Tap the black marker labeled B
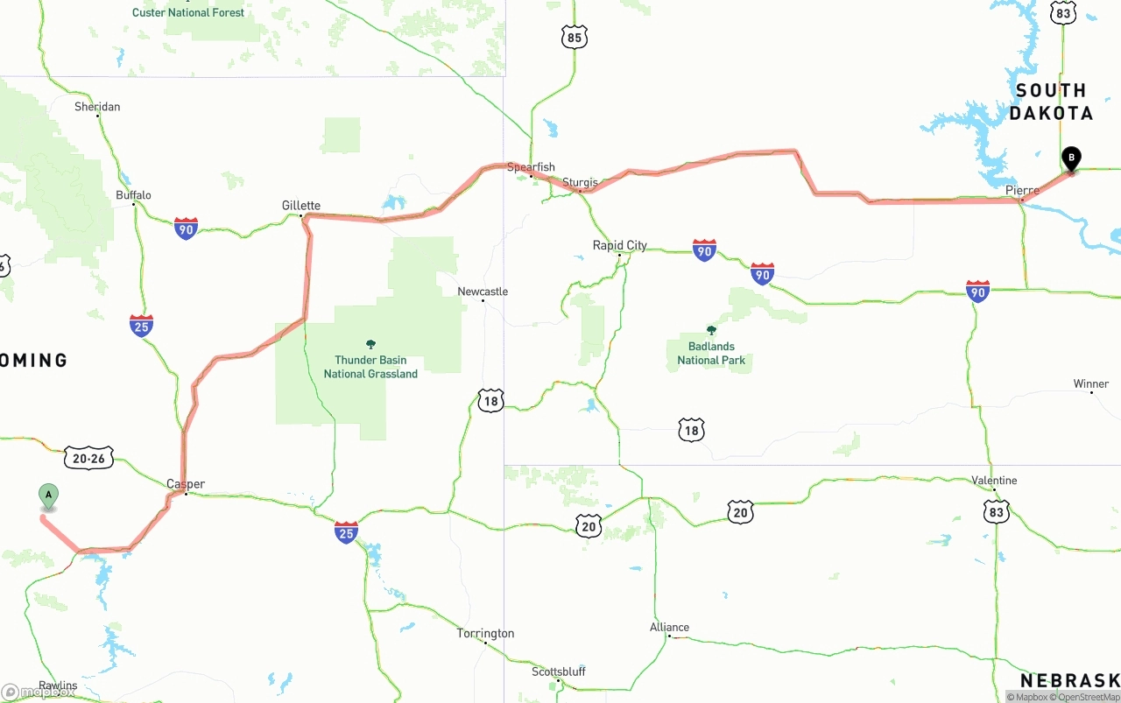(1070, 158)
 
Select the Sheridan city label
(97, 107)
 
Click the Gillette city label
(301, 206)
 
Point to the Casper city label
(186, 484)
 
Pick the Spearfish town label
(531, 166)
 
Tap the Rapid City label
(620, 245)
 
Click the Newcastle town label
(483, 292)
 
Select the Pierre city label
(1022, 190)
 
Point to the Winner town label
(1091, 384)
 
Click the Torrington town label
(486, 634)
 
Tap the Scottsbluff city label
(559, 672)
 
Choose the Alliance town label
(669, 628)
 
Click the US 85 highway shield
(575, 37)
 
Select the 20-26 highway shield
(88, 458)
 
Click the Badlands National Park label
(711, 353)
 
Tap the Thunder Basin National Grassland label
(370, 366)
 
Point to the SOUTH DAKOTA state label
(1051, 102)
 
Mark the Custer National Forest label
(187, 12)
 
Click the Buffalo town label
(134, 195)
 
